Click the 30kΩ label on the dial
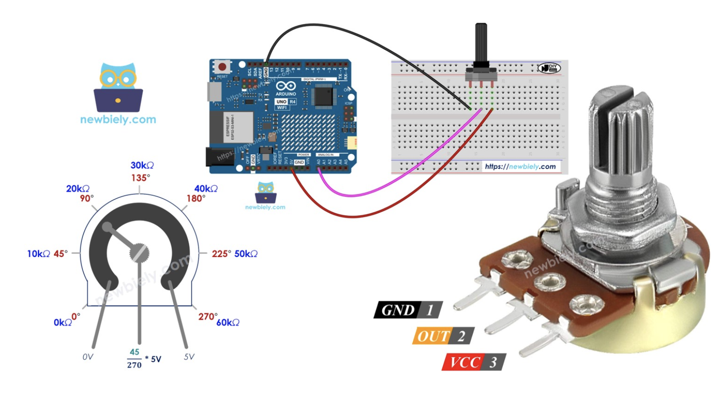click(x=142, y=166)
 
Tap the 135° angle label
click(x=140, y=178)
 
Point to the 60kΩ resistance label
click(x=228, y=322)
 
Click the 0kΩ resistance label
click(x=62, y=322)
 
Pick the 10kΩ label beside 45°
click(x=38, y=254)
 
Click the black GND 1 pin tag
click(x=408, y=310)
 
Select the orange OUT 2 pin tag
click(x=443, y=336)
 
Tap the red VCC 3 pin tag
click(x=474, y=362)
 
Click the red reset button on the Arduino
click(x=222, y=67)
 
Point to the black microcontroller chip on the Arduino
click(x=324, y=96)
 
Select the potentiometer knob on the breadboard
click(x=481, y=45)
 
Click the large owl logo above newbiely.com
click(x=118, y=88)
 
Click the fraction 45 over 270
click(x=134, y=359)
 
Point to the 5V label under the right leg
click(x=189, y=357)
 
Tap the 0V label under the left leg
click(x=88, y=357)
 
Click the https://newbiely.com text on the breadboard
click(x=520, y=166)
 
